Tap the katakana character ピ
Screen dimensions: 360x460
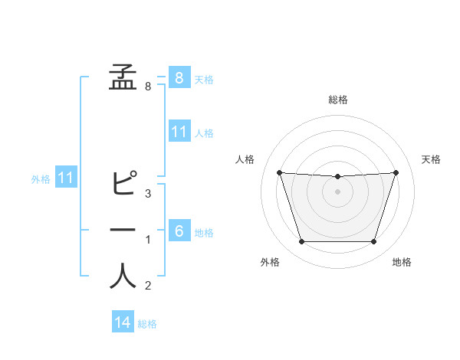pos(123,184)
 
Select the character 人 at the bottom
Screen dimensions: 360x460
pos(123,277)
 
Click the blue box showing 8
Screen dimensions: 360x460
pos(179,77)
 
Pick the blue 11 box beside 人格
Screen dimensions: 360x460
pos(179,132)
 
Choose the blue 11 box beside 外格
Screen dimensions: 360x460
pos(67,178)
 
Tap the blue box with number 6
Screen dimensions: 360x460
pos(179,231)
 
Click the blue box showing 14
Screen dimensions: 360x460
pos(123,322)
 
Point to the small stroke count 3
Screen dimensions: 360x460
pos(148,193)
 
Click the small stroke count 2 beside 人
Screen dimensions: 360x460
pos(148,286)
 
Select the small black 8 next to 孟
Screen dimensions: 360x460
pos(148,87)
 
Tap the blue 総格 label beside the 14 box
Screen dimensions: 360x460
pos(147,324)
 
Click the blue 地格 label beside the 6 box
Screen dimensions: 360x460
pos(204,233)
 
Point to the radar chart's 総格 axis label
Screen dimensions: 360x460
pos(338,100)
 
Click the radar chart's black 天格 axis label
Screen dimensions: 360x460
pos(431,159)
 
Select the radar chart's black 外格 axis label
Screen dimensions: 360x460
pos(270,262)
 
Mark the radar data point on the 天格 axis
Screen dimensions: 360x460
pos(396,172)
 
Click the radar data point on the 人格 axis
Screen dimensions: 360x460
pos(279,172)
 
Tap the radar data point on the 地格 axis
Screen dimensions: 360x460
pos(373,242)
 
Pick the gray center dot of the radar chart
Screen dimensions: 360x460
pos(337,191)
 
